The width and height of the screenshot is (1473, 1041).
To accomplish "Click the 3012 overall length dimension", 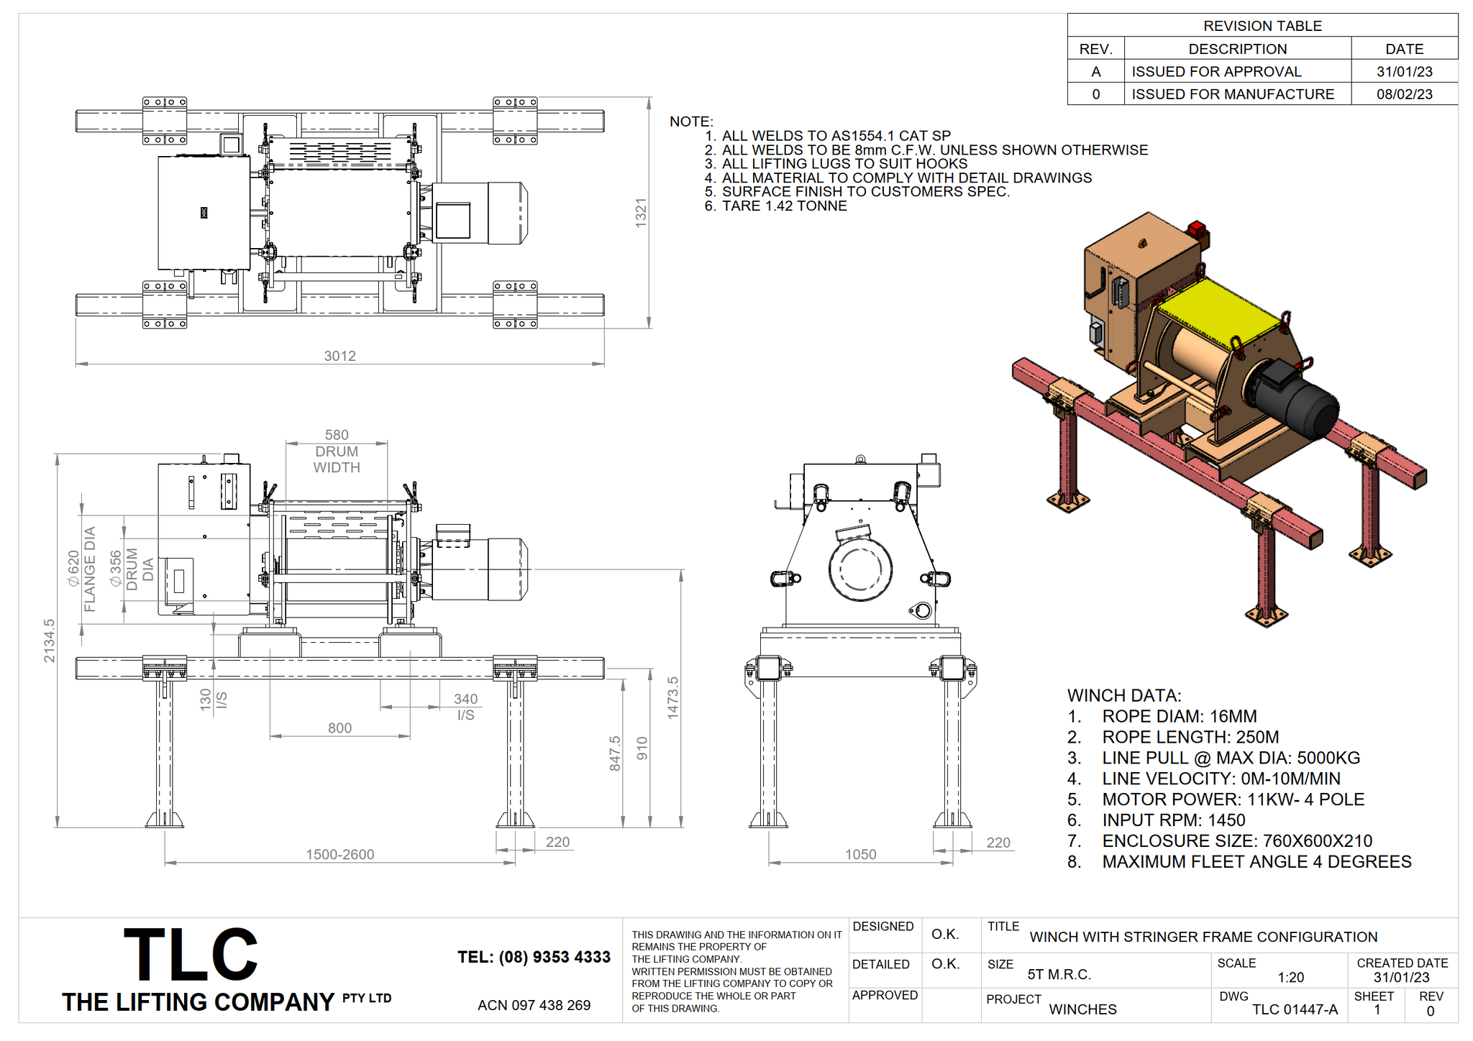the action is [339, 356].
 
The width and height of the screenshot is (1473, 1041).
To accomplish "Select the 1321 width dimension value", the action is [641, 213].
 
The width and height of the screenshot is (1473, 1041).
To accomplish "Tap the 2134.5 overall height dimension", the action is [49, 641].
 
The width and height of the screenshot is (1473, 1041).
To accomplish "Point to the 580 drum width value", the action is [337, 435].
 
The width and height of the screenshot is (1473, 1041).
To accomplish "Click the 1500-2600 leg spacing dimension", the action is [340, 854].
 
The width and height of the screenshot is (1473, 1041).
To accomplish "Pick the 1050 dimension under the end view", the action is [860, 854].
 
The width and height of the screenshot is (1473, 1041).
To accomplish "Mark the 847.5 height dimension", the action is [615, 753].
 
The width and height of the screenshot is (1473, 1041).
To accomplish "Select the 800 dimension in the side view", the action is [339, 728].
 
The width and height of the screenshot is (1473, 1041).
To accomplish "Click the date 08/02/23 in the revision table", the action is [1405, 94].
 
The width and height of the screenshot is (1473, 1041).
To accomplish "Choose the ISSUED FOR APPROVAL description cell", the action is [1216, 72].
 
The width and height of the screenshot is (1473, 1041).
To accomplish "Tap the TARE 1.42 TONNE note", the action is [784, 206].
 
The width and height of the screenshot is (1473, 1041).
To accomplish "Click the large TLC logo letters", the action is [191, 955].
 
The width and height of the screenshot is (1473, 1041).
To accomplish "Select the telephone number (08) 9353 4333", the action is [534, 957].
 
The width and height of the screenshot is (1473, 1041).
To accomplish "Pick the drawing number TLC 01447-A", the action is [1295, 1009].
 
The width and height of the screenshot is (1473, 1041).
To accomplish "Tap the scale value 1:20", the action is [1290, 977].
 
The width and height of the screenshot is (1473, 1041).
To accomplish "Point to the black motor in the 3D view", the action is [1293, 401].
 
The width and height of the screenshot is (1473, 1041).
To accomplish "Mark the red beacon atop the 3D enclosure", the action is [1196, 229].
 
